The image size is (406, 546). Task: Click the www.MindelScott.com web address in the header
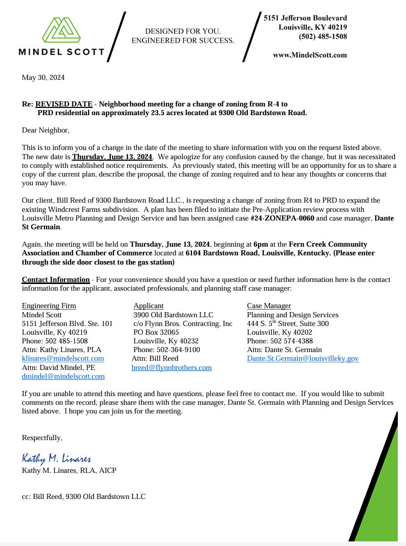(310, 55)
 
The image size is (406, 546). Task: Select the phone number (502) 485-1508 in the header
(323, 36)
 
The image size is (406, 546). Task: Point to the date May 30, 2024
(43, 78)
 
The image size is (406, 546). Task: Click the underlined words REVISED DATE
(64, 104)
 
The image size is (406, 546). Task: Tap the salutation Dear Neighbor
(45, 130)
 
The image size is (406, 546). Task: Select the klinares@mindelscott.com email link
(63, 359)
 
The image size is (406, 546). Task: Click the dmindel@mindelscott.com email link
(63, 377)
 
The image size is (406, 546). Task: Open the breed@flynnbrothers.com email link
(172, 368)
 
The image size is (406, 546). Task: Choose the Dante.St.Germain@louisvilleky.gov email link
(303, 359)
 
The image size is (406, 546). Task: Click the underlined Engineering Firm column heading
(49, 306)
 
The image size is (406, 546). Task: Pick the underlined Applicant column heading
(148, 306)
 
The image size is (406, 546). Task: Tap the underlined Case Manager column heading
(269, 306)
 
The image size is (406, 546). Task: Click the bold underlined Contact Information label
(55, 279)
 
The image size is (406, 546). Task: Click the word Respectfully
(42, 438)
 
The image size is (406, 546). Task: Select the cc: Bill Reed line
(83, 496)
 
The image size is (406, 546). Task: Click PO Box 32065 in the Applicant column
(156, 333)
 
